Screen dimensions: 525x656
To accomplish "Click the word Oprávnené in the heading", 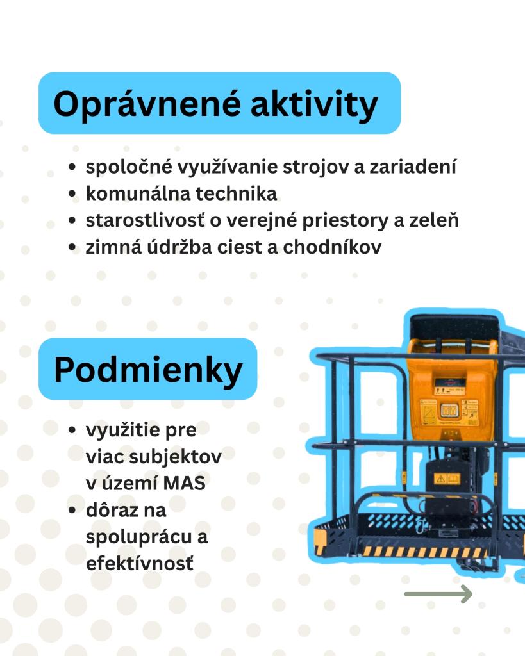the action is point(147,104).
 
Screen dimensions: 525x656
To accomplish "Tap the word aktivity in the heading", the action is point(314,104).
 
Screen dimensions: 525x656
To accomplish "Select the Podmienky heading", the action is point(148,370).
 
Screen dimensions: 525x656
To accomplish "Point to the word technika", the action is point(236,193).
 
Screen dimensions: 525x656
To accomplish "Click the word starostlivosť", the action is point(146,220).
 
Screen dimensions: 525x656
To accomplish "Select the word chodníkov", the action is point(333,247).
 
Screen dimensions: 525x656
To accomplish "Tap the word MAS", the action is point(184,483).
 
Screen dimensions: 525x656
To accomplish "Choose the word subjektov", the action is point(176,457).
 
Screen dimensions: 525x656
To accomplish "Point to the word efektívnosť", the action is point(140,564).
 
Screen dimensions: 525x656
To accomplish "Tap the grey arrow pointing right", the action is point(438,594).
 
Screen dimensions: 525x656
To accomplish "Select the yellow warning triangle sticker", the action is point(440,478).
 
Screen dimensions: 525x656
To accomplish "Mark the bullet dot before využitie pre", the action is point(72,430).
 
